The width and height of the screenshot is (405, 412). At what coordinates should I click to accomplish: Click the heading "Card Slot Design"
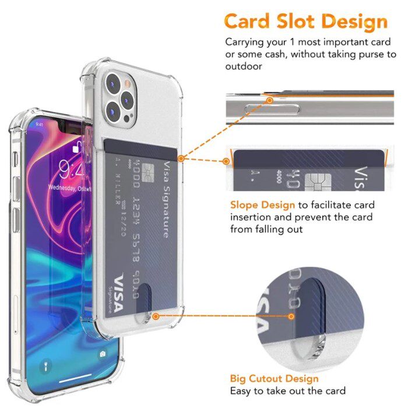click(x=305, y=22)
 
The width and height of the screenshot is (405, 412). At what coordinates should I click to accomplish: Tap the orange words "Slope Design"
click(x=263, y=205)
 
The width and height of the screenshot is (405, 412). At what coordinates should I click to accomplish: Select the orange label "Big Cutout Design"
click(x=274, y=378)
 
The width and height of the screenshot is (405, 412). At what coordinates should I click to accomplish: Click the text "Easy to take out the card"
click(x=288, y=390)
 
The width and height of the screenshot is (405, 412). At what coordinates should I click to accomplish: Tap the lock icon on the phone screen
click(x=75, y=149)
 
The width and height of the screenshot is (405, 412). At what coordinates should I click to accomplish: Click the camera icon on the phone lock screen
click(x=103, y=354)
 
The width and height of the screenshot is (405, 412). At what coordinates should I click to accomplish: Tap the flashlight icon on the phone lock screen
click(x=44, y=367)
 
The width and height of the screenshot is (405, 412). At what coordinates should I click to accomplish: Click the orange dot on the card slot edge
click(x=181, y=158)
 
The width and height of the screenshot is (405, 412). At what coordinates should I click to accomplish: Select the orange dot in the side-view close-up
click(x=270, y=100)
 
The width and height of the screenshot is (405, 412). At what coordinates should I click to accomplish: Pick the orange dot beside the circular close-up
click(x=291, y=316)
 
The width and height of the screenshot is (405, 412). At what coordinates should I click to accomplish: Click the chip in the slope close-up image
click(x=315, y=180)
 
